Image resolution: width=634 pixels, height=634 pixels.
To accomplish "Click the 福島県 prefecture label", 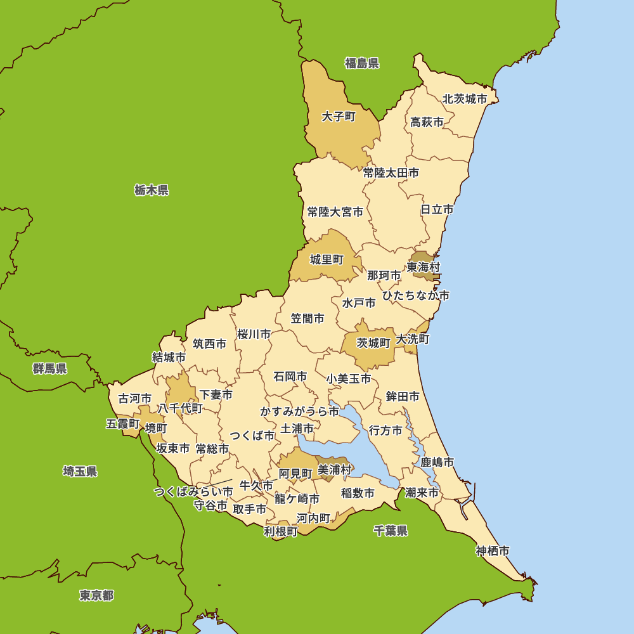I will tap(362, 63).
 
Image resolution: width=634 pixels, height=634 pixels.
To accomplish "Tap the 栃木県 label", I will tap(152, 190).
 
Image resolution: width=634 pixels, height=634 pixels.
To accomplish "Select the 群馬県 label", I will tap(50, 368).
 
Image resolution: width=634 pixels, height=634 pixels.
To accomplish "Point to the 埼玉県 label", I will tap(80, 471).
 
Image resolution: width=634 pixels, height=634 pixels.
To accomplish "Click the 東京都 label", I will tap(97, 595).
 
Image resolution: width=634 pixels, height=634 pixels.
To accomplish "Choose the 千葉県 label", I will tap(391, 531).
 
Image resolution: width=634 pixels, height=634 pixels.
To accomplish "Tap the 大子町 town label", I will tap(339, 117).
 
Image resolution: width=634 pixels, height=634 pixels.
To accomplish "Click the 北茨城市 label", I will tap(465, 99).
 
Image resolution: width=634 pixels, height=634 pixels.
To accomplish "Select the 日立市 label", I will tap(437, 209).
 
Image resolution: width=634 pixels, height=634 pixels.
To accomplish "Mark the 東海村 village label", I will tap(424, 267).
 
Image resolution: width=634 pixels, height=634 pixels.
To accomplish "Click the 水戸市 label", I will tap(359, 303).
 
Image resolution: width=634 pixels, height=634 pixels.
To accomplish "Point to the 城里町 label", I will tap(327, 259).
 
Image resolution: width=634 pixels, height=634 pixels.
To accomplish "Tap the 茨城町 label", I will tap(373, 343).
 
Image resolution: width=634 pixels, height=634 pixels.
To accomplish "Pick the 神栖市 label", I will tap(493, 550).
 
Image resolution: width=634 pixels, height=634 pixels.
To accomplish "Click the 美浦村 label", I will tap(334, 470).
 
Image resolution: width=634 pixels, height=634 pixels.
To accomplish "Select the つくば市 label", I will tap(252, 436).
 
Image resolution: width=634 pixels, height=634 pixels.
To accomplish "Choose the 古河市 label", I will tap(135, 399).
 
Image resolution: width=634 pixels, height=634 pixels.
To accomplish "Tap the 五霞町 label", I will tap(123, 424).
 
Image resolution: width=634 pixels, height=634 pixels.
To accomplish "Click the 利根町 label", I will tap(280, 531).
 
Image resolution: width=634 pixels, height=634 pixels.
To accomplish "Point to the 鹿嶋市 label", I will tap(437, 463).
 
